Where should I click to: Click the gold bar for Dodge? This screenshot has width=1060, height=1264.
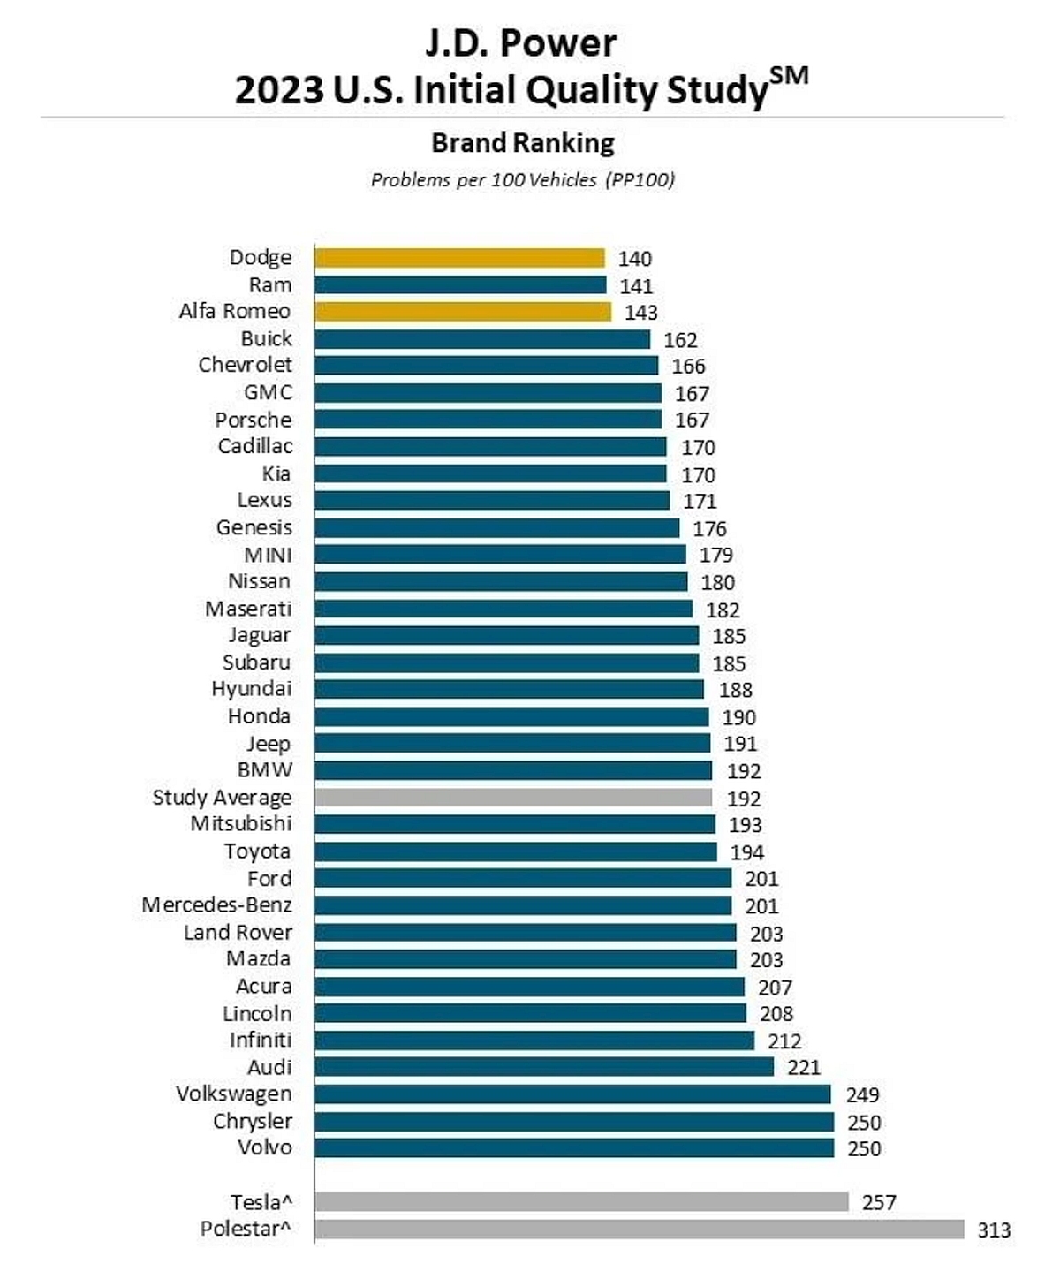[459, 258]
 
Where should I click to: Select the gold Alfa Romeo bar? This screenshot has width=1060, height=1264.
[462, 312]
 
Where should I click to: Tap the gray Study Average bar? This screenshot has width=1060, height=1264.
[512, 798]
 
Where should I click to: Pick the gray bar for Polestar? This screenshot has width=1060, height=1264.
[639, 1230]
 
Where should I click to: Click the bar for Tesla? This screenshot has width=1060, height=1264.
[581, 1202]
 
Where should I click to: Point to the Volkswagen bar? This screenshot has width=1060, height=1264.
[572, 1094]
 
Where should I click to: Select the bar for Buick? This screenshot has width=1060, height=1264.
[482, 339]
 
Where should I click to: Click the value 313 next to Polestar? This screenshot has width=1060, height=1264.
[994, 1230]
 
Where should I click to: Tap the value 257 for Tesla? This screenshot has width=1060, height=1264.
[879, 1202]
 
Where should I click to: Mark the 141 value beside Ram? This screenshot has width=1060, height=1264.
[636, 286]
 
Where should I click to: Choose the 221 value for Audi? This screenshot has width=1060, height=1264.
[804, 1067]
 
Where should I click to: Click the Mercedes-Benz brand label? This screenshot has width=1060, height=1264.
[216, 905]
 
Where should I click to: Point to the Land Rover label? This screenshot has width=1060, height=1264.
[238, 933]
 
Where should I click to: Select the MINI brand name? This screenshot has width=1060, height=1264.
[268, 555]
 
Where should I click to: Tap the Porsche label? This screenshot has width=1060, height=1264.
[253, 420]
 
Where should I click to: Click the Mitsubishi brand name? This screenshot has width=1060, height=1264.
[240, 824]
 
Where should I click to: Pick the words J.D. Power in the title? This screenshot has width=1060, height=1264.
[521, 42]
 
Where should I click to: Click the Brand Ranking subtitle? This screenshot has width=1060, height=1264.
[523, 142]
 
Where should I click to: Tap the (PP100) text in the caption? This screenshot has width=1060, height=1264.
[640, 180]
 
